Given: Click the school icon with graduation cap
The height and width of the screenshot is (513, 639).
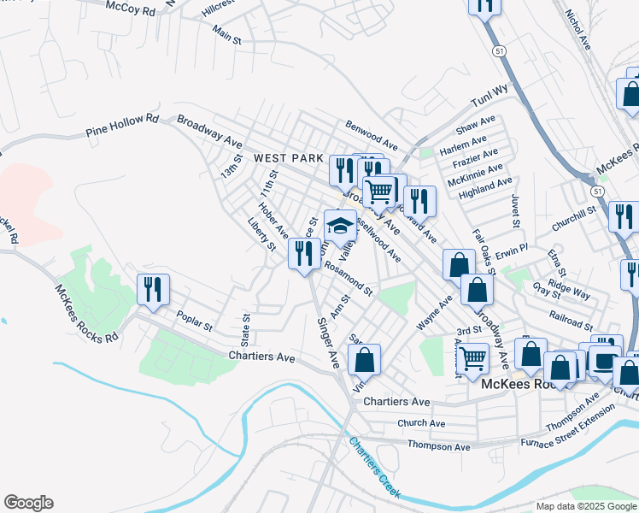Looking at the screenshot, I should point(340,227).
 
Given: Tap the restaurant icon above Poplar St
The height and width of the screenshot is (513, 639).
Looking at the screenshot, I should point(153,289).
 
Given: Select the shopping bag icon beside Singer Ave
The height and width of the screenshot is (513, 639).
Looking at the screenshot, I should point(365,361).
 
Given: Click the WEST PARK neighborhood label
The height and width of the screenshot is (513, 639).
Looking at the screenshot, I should point(289,158).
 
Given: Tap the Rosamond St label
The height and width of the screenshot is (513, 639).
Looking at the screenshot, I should point(349,279).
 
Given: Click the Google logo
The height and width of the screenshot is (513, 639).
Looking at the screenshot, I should point(28,503).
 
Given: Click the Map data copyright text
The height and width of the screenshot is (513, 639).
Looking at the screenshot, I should point(585,506).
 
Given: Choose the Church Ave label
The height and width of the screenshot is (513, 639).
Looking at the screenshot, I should point(421,423).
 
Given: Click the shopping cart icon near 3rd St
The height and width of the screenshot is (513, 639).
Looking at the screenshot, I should point(472,360).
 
